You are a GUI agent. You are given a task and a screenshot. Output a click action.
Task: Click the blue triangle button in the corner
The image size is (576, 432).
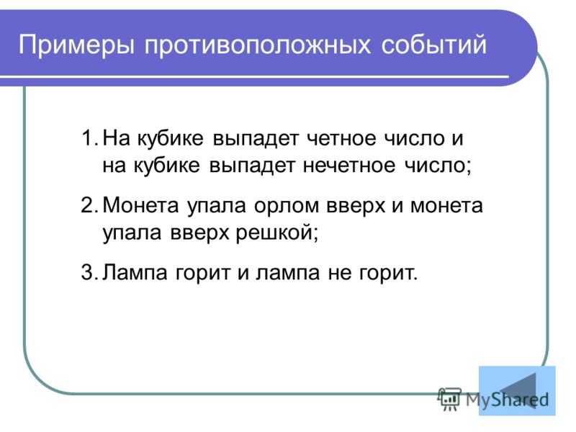[516, 391]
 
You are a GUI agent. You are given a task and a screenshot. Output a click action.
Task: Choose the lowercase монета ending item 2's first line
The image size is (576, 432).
[445, 205]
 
